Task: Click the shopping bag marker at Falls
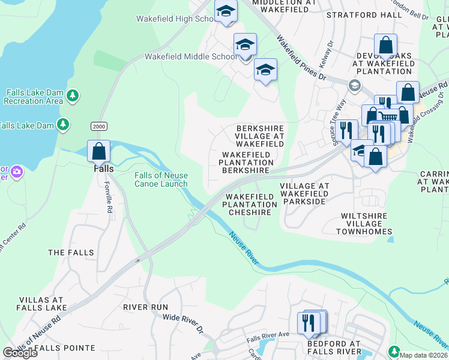99,151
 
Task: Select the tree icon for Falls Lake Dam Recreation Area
73,95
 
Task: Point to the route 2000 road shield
99,126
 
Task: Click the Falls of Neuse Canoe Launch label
161,179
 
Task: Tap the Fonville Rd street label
109,198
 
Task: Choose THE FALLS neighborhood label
71,253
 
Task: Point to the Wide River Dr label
184,322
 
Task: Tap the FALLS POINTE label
65,347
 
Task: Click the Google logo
20,353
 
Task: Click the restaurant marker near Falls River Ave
310,323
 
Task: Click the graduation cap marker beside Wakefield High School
226,11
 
